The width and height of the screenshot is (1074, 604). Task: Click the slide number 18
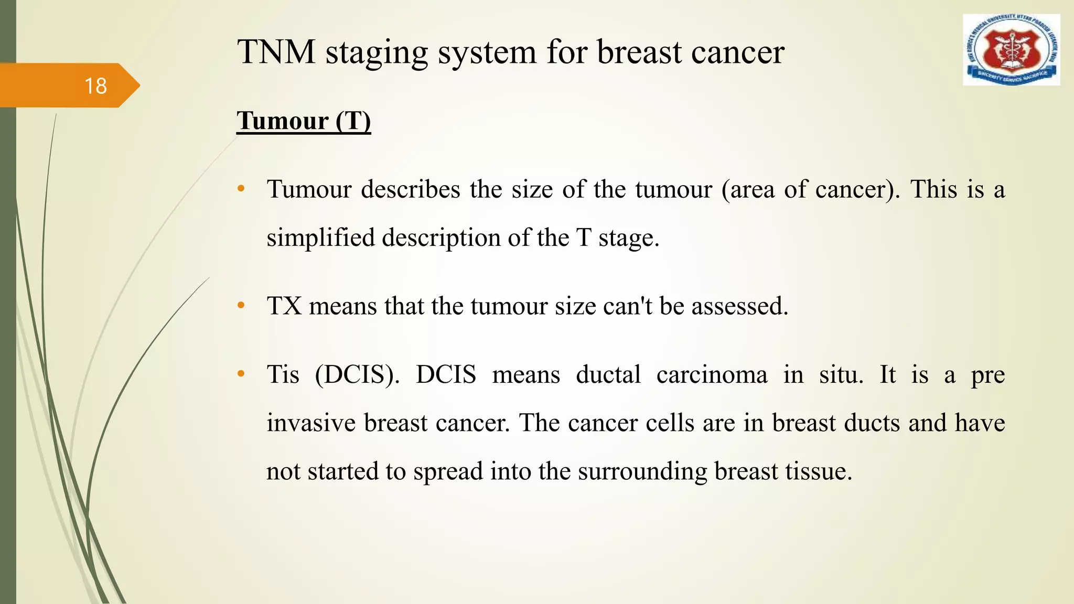pos(95,86)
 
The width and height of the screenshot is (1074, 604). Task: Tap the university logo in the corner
pos(1011,50)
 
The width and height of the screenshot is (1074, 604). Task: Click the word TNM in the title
pos(276,52)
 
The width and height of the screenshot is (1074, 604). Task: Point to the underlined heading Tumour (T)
pos(304,121)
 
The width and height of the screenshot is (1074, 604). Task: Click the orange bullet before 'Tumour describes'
pos(241,189)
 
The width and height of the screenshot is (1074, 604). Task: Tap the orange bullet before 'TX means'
pos(241,306)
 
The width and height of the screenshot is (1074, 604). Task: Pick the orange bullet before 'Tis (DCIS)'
pos(241,374)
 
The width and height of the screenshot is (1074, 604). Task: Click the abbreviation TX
pos(284,306)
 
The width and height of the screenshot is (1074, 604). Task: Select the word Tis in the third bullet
pos(283,375)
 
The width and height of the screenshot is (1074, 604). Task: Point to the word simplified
pos(321,238)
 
